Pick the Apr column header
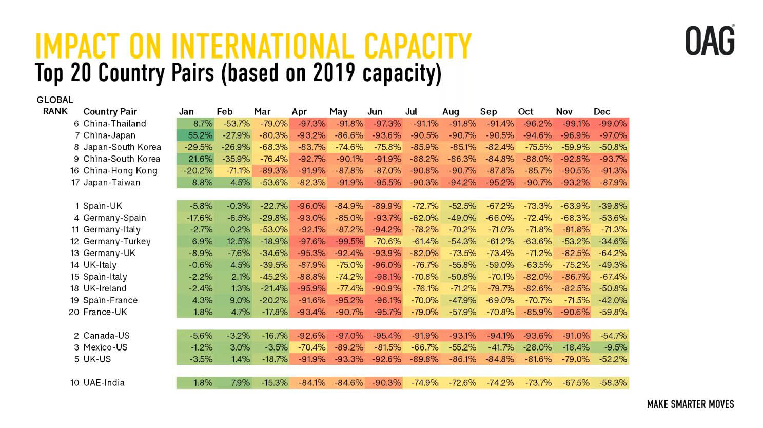(299, 112)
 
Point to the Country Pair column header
(110, 112)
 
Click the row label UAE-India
(104, 383)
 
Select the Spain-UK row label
(103, 206)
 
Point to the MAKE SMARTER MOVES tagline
(690, 404)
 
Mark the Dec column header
(602, 112)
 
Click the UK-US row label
(97, 359)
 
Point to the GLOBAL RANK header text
(55, 106)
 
